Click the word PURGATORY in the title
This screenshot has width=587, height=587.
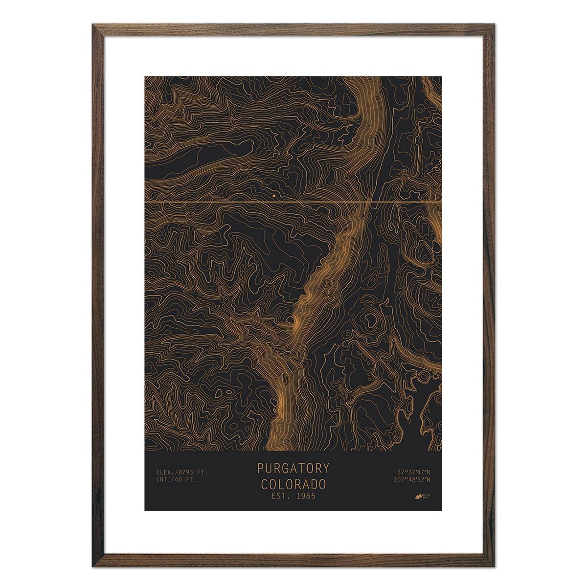(x=293, y=468)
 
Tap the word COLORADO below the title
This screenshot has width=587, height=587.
(x=293, y=484)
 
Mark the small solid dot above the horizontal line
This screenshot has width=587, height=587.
(x=273, y=196)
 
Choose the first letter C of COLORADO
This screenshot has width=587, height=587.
(x=264, y=484)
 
